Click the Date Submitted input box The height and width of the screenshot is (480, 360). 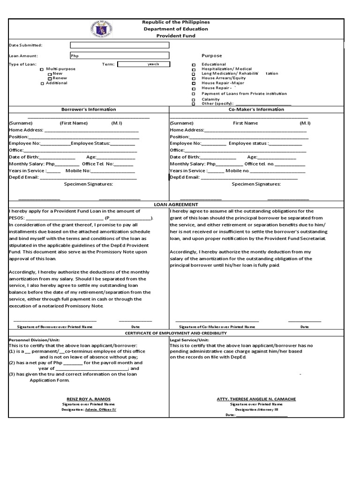pos(120,45)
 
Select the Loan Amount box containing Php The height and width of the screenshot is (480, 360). pos(120,56)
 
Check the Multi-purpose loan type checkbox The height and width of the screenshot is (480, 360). pos(42,69)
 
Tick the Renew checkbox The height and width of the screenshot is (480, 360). pos(50,79)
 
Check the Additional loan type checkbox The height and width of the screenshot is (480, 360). pos(42,83)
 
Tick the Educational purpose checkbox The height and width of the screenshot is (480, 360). pos(194,65)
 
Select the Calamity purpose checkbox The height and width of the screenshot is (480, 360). pos(194,100)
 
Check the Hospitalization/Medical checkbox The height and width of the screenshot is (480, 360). pos(194,69)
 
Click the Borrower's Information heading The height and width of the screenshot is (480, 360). pos(89,109)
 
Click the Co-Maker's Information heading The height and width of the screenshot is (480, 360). pos(256,109)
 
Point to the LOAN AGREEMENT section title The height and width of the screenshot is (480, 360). pos(176,204)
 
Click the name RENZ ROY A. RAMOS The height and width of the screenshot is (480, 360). pos(89,399)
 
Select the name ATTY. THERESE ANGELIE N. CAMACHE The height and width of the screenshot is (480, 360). pos(256,399)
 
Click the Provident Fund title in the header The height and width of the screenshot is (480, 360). pos(176,36)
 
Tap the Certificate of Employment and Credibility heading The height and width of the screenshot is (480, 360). pos(176,333)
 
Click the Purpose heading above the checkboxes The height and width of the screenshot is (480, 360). pos(212,56)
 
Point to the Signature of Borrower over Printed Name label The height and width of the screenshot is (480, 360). pos(55,326)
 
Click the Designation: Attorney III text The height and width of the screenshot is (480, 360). pos(256,409)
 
